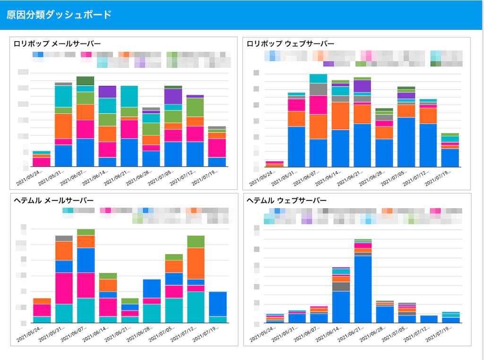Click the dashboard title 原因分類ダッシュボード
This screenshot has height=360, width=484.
[x=59, y=15]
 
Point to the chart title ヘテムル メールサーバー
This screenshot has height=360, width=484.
[x=53, y=201]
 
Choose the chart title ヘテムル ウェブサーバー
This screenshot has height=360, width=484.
[x=287, y=201]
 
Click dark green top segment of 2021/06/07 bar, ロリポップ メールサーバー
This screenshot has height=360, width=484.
[x=85, y=80]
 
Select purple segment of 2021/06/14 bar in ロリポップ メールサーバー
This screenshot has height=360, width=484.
[x=107, y=92]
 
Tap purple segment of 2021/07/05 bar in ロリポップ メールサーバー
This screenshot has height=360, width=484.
[x=173, y=96]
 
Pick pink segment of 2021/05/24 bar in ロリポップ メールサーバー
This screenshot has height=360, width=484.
[x=42, y=162]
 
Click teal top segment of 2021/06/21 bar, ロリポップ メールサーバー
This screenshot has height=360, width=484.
[x=129, y=96]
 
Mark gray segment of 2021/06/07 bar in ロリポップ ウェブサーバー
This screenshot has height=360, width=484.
[x=318, y=89]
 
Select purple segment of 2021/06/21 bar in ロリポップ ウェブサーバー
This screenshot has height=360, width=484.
[x=362, y=86]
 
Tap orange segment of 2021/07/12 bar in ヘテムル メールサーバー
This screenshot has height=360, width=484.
[x=195, y=263]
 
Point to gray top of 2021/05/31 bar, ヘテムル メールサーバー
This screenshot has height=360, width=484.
[x=63, y=238]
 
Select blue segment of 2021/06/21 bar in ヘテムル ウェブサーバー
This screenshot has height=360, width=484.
[x=363, y=289]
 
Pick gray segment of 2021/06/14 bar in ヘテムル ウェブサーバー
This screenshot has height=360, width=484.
[x=341, y=286]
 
